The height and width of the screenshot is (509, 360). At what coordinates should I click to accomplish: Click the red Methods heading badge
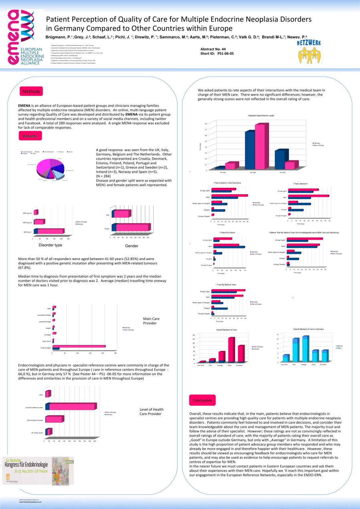click(x=31, y=91)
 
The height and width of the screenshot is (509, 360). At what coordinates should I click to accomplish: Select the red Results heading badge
click(x=30, y=136)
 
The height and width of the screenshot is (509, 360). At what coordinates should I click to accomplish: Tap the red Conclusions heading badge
click(x=202, y=400)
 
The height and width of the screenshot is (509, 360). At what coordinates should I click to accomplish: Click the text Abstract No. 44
click(x=213, y=49)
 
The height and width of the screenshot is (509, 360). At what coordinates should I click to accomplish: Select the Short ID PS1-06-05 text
click(x=217, y=53)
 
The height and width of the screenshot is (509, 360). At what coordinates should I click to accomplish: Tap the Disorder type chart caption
click(x=50, y=245)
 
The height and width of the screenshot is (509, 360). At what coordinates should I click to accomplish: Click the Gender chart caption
click(x=132, y=246)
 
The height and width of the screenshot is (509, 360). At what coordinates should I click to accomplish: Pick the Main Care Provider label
click(x=151, y=321)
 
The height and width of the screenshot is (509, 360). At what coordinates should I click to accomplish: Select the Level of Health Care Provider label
click(x=151, y=412)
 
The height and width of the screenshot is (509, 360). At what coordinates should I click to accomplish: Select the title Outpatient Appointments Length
click(x=261, y=116)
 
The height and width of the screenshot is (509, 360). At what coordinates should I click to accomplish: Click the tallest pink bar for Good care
click(x=231, y=350)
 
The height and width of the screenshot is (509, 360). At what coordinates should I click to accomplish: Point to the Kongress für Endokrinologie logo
click(x=38, y=471)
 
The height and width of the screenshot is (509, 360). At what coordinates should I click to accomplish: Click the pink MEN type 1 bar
click(x=51, y=231)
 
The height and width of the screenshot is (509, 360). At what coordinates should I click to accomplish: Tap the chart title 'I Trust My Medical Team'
click(x=226, y=285)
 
